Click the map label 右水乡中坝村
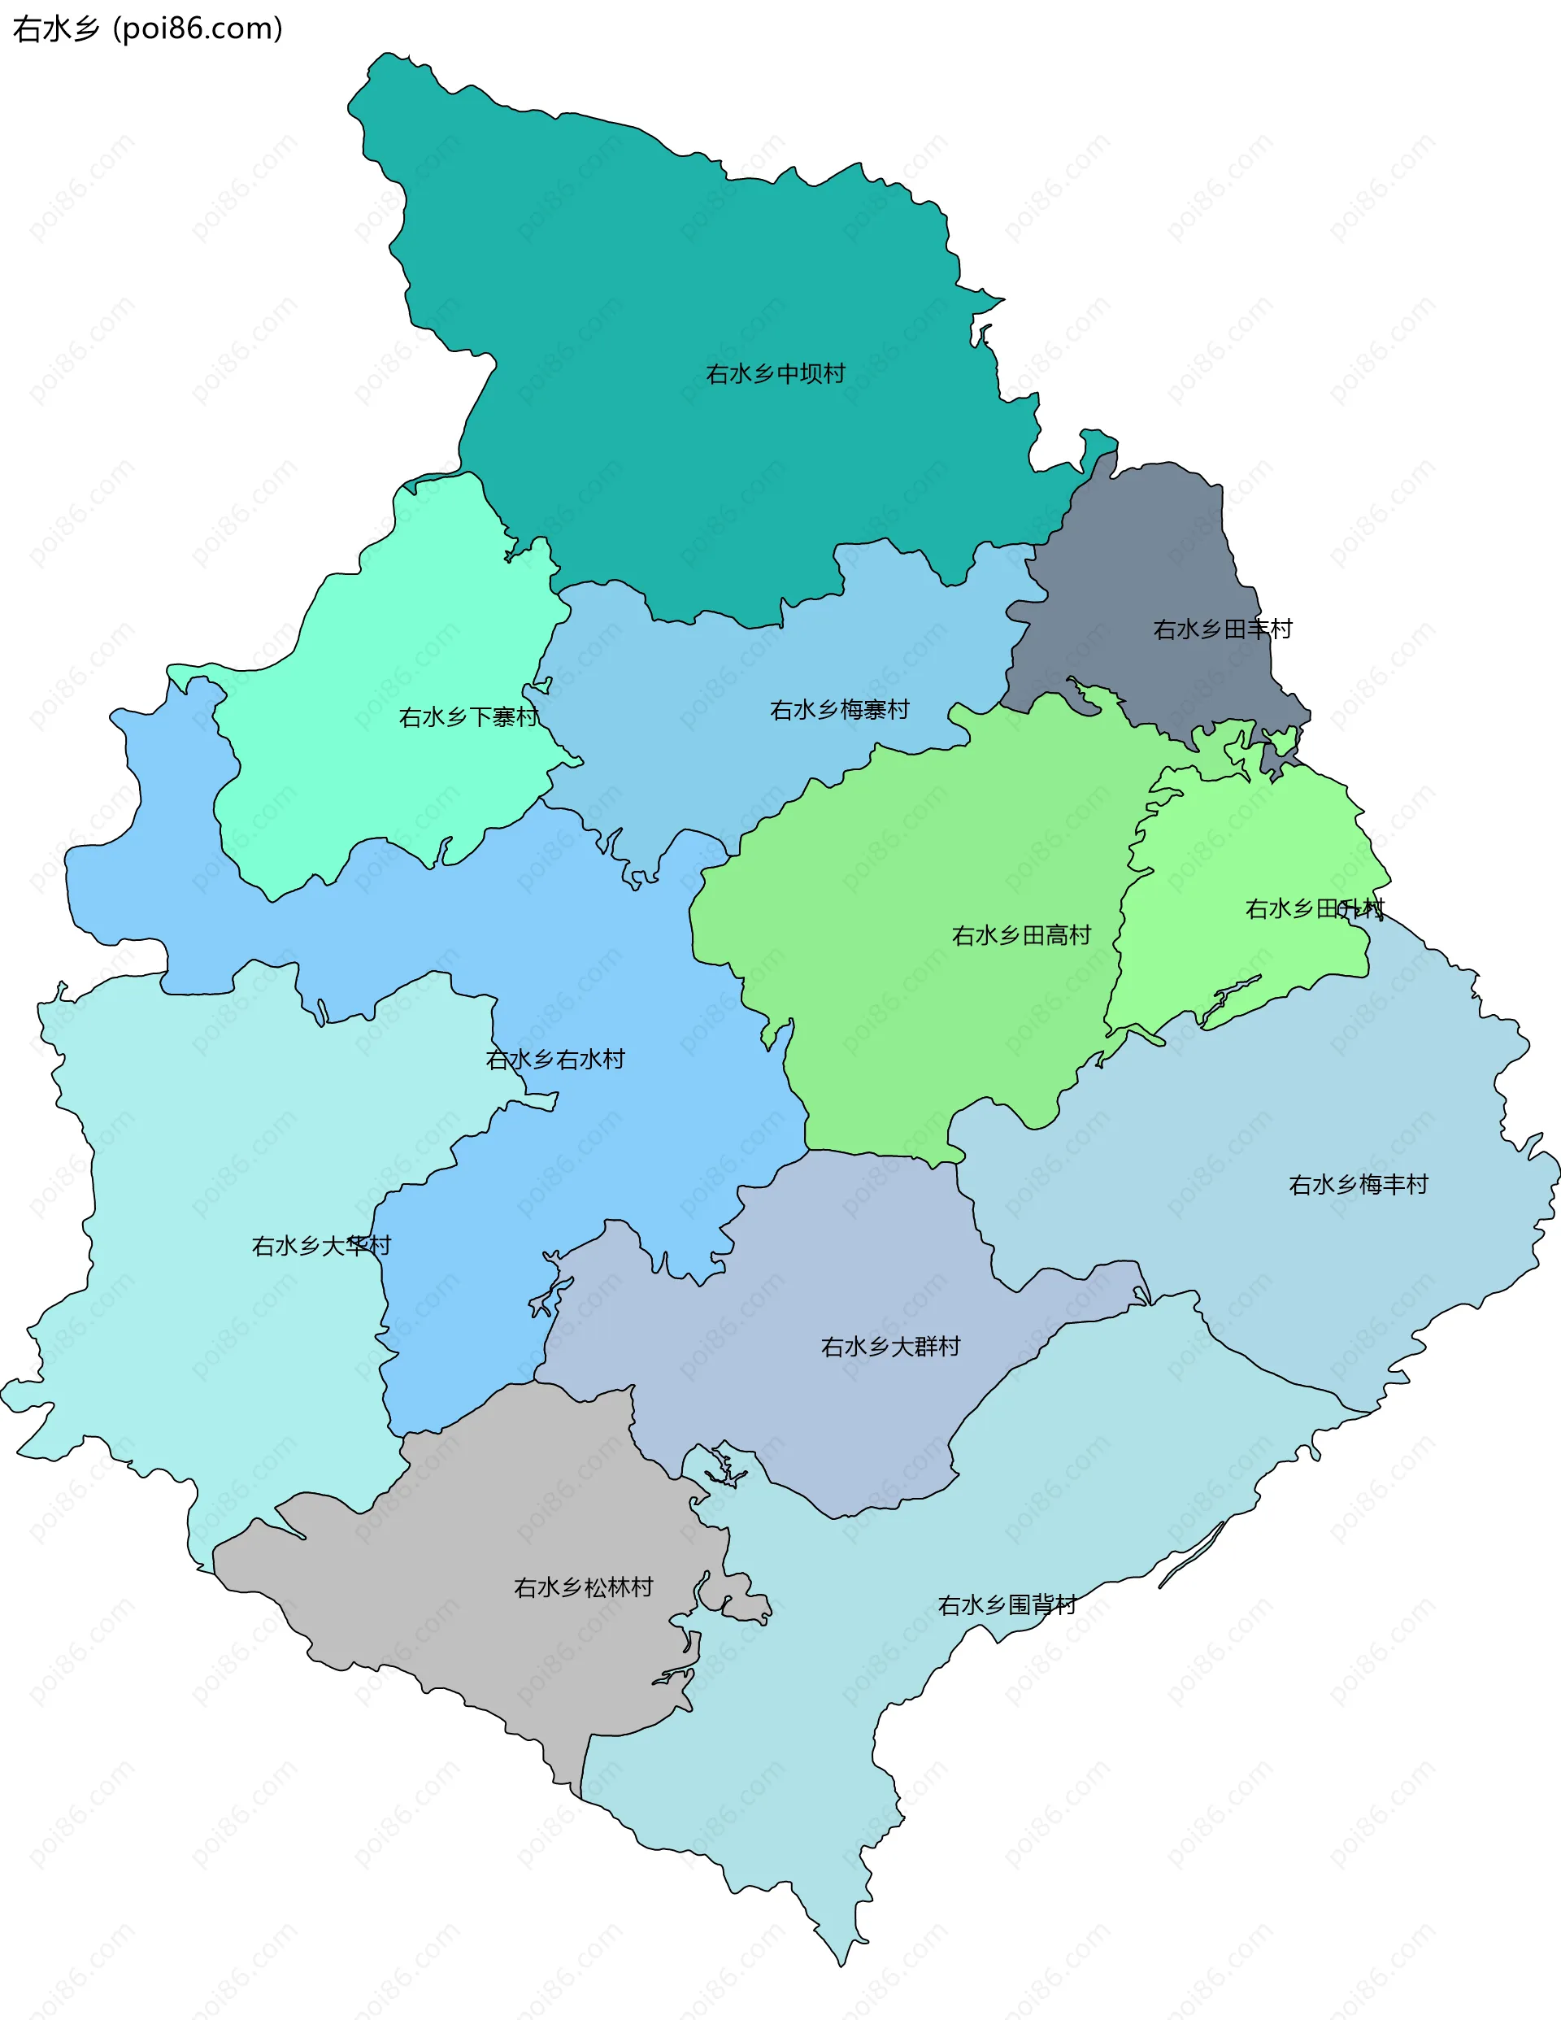775,373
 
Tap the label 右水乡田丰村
1222,630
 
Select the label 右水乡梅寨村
839,710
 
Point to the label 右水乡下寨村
468,718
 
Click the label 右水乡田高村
1021,936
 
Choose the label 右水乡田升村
1314,909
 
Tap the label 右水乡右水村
554,1060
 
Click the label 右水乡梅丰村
1358,1185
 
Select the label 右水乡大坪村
321,1247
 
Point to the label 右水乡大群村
890,1347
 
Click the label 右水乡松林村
584,1588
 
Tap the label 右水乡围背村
1007,1604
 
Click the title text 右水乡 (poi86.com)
148,28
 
